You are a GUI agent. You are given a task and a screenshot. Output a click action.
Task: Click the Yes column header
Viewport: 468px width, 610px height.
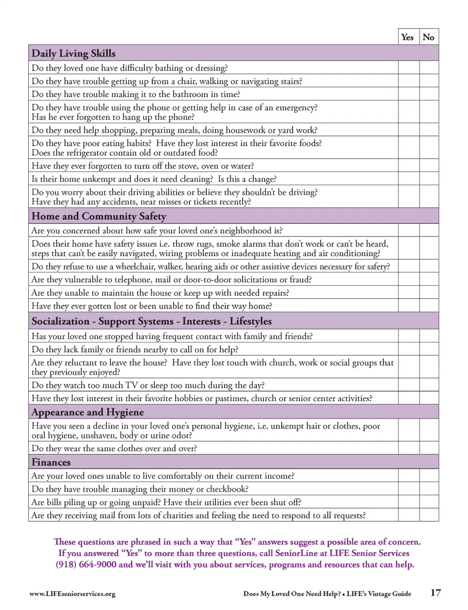click(407, 37)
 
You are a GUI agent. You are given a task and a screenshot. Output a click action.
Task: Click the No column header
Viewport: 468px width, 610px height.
click(429, 37)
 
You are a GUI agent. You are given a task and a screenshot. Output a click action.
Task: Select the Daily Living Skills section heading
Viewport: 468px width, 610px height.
click(74, 53)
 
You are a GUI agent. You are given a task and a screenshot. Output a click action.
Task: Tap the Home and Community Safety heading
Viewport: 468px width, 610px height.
click(99, 216)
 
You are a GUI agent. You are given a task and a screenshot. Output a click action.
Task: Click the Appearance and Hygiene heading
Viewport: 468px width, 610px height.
click(88, 412)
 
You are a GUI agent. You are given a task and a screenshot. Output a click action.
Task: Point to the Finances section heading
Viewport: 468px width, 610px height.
click(51, 462)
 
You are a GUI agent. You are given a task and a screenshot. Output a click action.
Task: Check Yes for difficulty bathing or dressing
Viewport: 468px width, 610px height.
click(409, 68)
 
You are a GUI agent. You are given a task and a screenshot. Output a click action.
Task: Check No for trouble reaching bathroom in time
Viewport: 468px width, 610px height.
click(429, 94)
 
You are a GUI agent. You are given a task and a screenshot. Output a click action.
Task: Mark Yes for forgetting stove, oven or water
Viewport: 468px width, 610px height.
click(409, 166)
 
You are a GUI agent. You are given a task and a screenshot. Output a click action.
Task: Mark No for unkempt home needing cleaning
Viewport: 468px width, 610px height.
click(429, 179)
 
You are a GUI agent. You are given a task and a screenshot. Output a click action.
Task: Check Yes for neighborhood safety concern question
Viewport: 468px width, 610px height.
click(409, 231)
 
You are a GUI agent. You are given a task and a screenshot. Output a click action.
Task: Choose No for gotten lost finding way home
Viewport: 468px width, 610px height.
click(429, 306)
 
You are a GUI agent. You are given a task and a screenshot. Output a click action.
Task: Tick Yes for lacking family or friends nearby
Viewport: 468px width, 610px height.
click(409, 349)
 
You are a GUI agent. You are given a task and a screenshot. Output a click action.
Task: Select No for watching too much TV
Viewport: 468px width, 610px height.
click(429, 385)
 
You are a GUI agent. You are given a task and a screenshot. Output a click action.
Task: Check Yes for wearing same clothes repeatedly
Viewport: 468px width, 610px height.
click(409, 448)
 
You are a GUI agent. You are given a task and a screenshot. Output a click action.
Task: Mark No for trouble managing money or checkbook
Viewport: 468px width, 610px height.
click(429, 489)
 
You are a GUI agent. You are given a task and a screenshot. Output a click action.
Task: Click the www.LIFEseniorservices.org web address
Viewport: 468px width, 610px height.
click(72, 594)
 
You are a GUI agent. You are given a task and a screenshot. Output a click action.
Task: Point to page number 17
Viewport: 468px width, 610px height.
click(435, 593)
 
